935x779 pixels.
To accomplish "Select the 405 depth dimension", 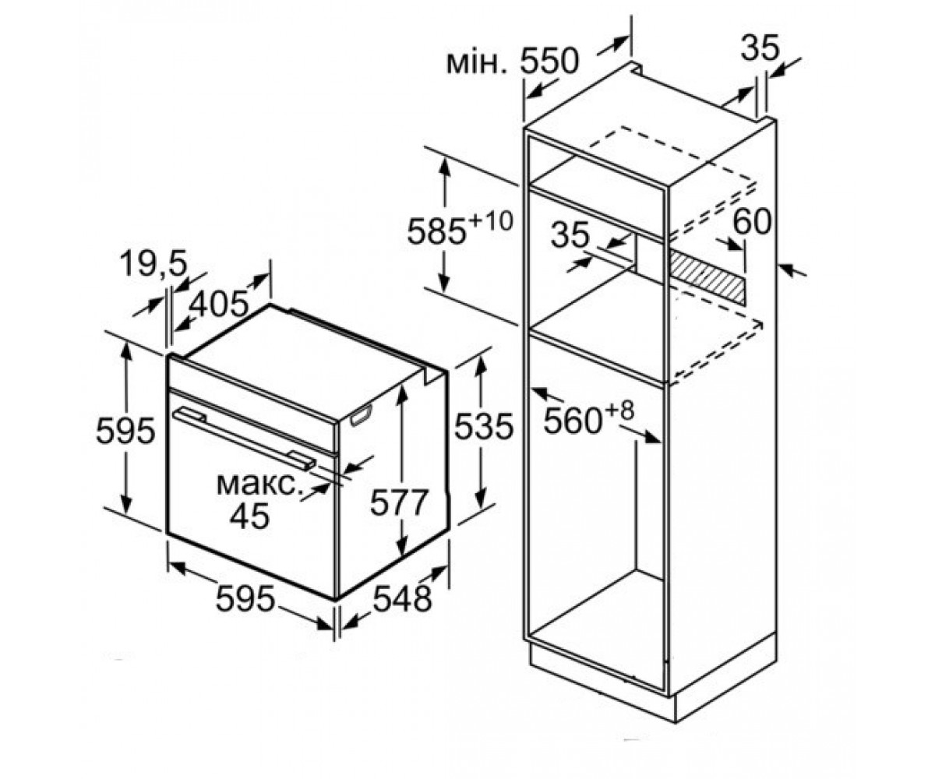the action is [x=219, y=304].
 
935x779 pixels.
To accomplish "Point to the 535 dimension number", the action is [x=484, y=426].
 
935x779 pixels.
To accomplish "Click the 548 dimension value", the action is [x=403, y=598].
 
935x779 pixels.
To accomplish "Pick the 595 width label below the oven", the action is [x=245, y=598].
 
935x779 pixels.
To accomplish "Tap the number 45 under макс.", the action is [x=249, y=516].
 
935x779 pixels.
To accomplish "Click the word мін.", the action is [x=480, y=63].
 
